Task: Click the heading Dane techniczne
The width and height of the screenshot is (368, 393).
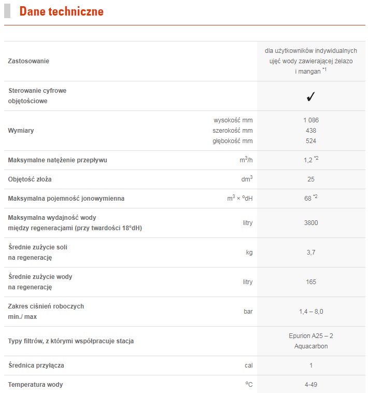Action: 61,11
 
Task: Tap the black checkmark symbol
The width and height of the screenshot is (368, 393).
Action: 311,96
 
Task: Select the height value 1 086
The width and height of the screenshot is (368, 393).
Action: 311,120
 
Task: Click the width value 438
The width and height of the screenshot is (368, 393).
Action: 311,130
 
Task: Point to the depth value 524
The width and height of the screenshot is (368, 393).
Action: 311,141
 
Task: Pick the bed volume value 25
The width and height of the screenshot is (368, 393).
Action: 311,179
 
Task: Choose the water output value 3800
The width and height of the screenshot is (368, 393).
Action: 311,223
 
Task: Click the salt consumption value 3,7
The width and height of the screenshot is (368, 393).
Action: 311,252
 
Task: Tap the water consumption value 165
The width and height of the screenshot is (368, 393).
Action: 311,282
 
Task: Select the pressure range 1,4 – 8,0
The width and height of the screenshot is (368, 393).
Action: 311,312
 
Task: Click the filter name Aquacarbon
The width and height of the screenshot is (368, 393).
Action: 311,346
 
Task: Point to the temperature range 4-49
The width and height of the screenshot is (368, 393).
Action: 311,385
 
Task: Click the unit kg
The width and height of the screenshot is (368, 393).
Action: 249,252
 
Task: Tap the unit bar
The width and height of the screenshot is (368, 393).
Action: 248,312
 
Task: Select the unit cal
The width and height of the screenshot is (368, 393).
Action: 248,366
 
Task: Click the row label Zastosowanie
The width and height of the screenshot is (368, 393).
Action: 29,61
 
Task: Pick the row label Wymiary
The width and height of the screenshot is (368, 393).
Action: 21,130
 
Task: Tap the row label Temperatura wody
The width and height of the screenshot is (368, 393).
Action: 36,385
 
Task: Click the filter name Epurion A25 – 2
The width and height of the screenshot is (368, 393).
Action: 311,336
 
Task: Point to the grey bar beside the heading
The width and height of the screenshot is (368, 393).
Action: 7,11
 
